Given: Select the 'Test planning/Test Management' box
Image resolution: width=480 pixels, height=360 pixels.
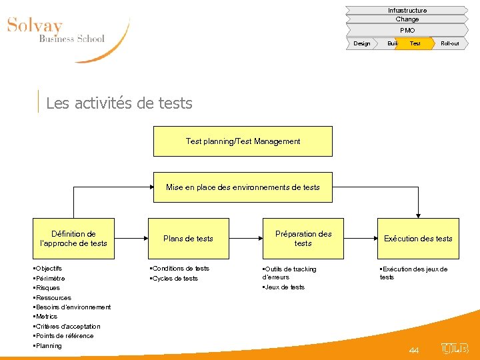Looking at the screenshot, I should coord(243,141).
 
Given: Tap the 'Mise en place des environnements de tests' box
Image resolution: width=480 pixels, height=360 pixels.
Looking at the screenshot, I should coord(243,187).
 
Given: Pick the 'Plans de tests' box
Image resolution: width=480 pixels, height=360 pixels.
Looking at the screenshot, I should coord(189,239).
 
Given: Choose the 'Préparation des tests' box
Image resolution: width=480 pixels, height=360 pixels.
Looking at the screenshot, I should coord(303,239).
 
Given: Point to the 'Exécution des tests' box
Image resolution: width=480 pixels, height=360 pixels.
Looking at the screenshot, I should coord(418,239).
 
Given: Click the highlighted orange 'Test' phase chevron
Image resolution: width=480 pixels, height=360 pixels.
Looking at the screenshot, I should coord(415,43).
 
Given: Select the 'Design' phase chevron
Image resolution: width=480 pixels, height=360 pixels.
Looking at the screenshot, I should coord(362,43).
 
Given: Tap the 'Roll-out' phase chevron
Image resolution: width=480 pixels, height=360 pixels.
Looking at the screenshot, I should coord(450,43).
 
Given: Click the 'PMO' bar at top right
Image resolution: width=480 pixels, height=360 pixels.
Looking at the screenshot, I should coord(407,30).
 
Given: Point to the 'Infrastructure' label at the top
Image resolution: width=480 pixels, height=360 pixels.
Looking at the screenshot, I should coord(407,10).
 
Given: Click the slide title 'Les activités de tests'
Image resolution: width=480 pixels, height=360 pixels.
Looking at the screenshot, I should coord(119,103).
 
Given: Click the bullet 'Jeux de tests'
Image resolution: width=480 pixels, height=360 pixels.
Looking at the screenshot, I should coord(285,287).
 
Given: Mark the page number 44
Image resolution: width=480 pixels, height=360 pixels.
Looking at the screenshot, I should coord(414,350).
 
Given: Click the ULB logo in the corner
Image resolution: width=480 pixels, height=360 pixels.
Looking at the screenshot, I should coord(455,349).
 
